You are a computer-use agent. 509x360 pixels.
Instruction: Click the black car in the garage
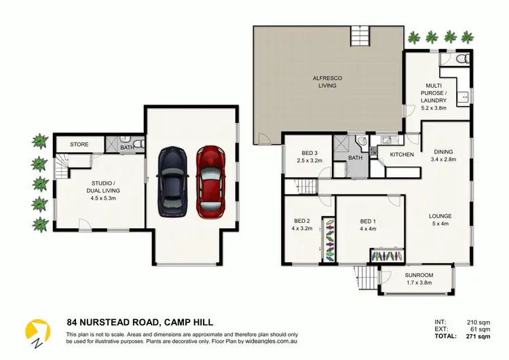coord(172,182)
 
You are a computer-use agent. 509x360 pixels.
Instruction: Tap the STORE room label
coord(79,144)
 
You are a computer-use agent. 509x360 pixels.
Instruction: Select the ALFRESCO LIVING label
coord(327,82)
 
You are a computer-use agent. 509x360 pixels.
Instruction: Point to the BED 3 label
coord(309,153)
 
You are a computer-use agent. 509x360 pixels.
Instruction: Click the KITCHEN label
coord(402,155)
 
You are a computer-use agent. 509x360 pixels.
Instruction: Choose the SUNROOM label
coord(419,275)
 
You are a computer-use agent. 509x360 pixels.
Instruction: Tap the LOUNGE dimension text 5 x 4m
coord(440,223)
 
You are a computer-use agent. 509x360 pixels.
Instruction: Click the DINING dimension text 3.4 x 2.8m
coord(443,159)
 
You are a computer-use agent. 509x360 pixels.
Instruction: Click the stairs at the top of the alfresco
coord(360,36)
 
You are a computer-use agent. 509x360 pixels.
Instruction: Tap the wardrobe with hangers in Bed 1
coord(388,255)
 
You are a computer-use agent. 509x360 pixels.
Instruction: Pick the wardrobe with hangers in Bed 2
coord(329,240)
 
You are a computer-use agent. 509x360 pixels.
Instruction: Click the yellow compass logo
coord(37,331)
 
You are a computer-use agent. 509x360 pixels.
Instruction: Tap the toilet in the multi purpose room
coord(462,58)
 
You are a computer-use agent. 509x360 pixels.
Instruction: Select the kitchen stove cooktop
coord(373,150)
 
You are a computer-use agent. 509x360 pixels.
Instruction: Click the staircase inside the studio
coord(62,166)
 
